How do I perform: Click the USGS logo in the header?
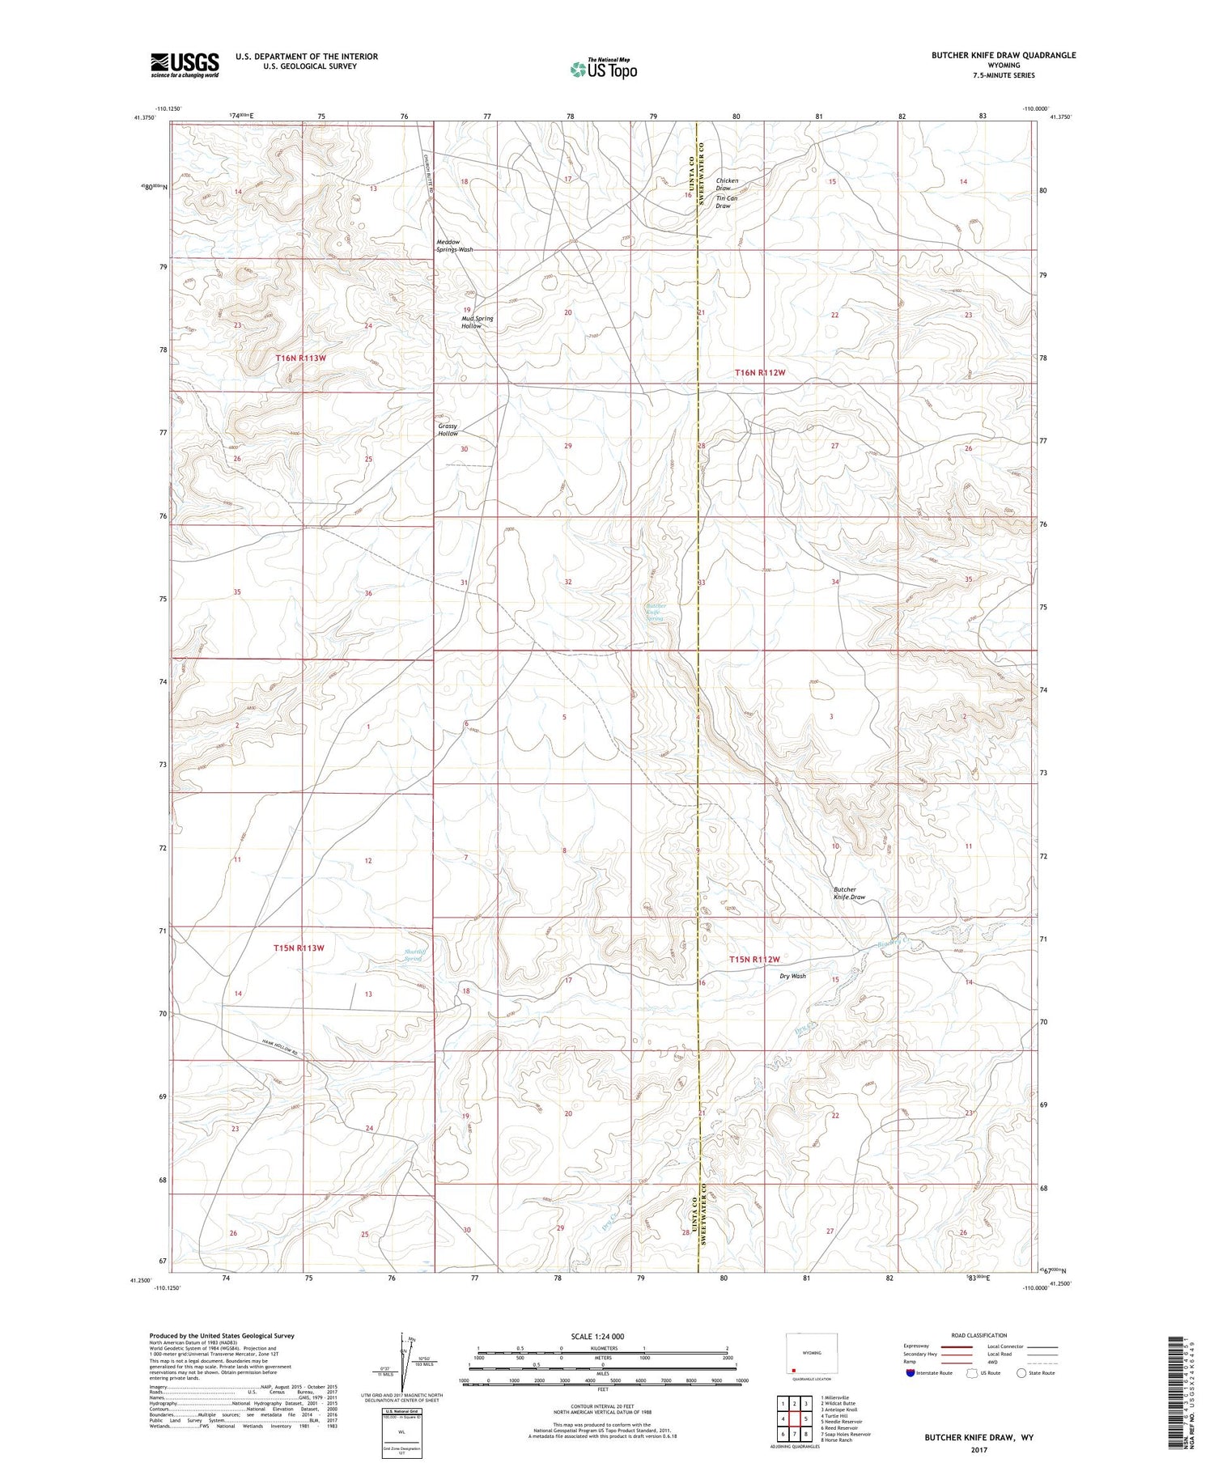click(x=185, y=65)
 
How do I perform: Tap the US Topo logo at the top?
click(x=603, y=69)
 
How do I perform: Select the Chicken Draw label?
click(x=727, y=184)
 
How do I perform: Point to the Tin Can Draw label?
click(x=726, y=201)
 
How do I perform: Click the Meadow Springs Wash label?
click(x=454, y=246)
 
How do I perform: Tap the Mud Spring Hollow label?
click(x=477, y=322)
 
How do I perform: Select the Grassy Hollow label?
click(x=448, y=430)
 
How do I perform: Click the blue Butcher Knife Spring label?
click(x=654, y=612)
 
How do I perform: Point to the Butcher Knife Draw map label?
click(x=849, y=893)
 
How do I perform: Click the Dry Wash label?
click(x=792, y=976)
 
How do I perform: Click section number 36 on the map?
click(x=368, y=593)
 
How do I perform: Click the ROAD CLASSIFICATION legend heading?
click(x=979, y=1335)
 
